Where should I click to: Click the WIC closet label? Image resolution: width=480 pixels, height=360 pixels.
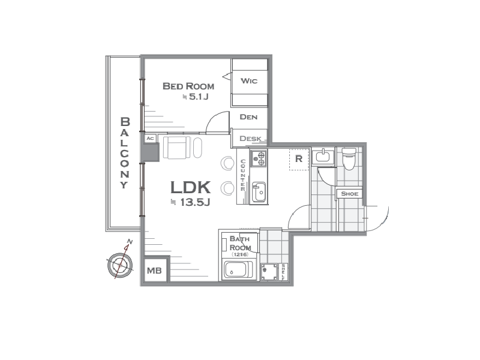tap(249, 81)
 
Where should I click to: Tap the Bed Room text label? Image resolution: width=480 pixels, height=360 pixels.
tap(188, 86)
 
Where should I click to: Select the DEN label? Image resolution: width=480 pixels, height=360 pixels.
tap(248, 117)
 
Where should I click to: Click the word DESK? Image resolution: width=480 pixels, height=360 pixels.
tap(250, 139)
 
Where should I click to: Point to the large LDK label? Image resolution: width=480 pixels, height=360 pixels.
tap(190, 187)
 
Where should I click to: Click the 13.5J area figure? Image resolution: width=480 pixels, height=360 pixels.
tap(195, 202)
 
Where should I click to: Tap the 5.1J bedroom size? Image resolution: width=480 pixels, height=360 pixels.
tap(199, 97)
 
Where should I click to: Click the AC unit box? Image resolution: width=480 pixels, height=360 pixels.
tap(150, 139)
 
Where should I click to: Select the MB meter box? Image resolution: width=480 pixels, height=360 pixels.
tap(155, 271)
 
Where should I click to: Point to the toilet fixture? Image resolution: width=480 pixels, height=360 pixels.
tap(349, 158)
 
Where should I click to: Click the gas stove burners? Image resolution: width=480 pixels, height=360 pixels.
tap(259, 158)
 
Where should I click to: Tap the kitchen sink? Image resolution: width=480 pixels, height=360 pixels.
tap(259, 193)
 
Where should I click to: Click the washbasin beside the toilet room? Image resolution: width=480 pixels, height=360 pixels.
tap(323, 157)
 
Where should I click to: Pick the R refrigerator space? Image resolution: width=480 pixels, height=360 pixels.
tap(299, 159)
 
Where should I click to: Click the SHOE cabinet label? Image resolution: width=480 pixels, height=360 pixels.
tap(350, 194)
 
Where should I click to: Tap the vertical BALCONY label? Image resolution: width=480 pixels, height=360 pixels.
tap(125, 153)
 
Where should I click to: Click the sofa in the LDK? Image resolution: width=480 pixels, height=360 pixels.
tap(176, 148)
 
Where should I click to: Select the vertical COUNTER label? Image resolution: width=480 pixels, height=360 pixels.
tap(243, 175)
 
